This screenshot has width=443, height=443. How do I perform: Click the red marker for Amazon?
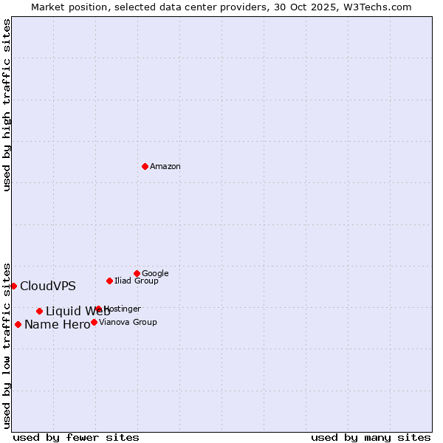click(x=145, y=166)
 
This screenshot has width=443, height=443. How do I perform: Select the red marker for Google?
click(x=137, y=273)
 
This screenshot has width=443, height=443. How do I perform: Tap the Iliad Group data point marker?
click(x=109, y=281)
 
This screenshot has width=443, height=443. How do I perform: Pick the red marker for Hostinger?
click(x=98, y=309)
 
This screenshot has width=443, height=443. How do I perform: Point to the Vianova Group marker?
click(x=94, y=322)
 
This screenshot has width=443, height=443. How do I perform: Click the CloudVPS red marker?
click(x=13, y=286)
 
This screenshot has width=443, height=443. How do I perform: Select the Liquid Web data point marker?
click(x=39, y=311)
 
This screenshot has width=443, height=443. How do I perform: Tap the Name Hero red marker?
click(x=18, y=324)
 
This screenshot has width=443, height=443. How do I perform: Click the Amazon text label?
click(x=165, y=167)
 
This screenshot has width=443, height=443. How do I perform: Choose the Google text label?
click(x=155, y=274)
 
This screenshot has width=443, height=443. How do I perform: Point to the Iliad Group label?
click(x=137, y=281)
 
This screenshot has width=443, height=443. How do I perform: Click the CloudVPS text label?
click(x=48, y=286)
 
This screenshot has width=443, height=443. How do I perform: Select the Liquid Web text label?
click(x=78, y=312)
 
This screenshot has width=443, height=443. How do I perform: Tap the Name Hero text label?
click(x=57, y=325)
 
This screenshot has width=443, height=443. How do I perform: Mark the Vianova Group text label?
click(x=128, y=323)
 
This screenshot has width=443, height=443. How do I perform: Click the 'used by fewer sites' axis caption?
click(x=76, y=437)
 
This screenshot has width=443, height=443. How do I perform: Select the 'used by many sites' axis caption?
click(x=371, y=437)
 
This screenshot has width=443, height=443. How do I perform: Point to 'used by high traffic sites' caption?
click(x=7, y=105)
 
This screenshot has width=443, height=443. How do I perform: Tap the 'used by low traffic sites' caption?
click(x=7, y=345)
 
